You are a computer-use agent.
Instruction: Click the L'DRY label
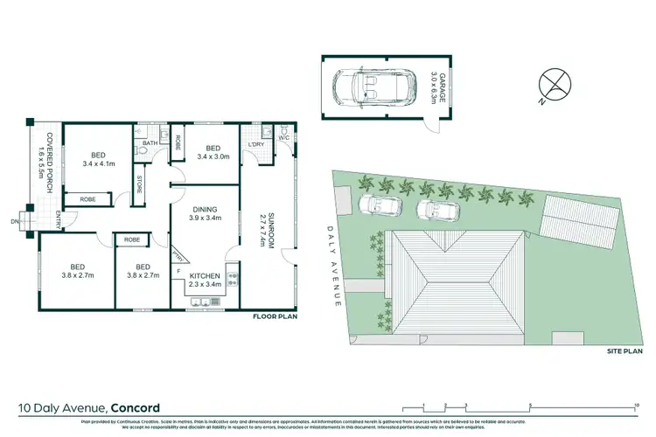(256, 143)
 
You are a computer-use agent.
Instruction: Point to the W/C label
(284, 137)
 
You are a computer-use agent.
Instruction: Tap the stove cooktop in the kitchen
(233, 280)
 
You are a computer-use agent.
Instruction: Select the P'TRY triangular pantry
(179, 256)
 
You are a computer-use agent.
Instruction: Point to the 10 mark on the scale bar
(636, 404)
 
